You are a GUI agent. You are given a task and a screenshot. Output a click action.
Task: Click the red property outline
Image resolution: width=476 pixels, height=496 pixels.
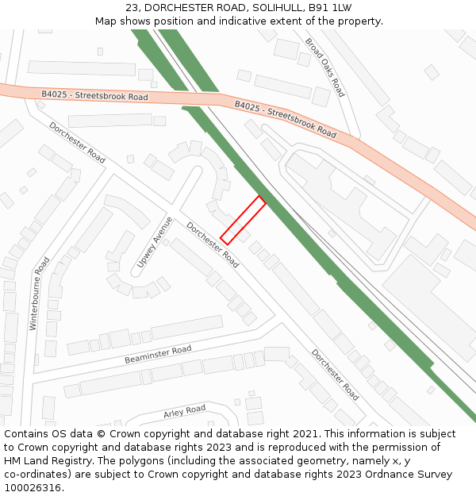tap(243, 220)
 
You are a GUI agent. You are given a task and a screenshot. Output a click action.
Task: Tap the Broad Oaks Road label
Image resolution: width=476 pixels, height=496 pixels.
tap(324, 67)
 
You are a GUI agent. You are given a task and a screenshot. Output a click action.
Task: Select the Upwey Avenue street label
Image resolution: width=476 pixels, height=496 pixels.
tap(154, 241)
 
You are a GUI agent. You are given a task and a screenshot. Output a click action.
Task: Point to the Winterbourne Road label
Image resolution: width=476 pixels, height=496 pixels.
tap(40, 293)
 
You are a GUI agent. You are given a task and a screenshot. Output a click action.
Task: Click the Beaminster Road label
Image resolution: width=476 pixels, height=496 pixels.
tap(158, 354)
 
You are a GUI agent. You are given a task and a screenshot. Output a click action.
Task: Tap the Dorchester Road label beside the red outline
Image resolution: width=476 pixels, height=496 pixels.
tap(213, 244)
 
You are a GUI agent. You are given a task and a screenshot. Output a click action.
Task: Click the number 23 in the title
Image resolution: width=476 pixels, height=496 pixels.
tap(132, 8)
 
